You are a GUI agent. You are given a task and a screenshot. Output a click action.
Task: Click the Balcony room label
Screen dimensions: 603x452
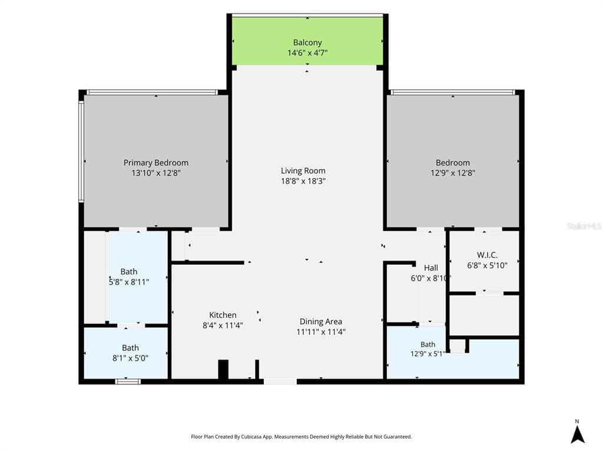coord(307,42)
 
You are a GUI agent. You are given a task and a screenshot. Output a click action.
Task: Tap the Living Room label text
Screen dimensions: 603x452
coord(303,171)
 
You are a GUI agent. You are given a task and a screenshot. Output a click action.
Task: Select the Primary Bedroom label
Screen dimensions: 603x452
coord(155,162)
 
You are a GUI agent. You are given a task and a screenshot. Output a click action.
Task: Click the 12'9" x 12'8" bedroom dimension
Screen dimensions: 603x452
coord(453,173)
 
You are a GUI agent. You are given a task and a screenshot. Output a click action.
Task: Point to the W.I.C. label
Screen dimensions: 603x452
coord(487,255)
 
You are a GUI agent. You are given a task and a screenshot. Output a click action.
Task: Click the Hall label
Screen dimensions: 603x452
coord(430,268)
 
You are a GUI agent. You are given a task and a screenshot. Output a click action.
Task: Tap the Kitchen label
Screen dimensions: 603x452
coord(223,315)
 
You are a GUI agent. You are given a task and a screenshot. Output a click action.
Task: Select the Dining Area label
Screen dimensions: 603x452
coord(321,322)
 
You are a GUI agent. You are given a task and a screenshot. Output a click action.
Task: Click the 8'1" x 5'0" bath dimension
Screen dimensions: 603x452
coord(130,358)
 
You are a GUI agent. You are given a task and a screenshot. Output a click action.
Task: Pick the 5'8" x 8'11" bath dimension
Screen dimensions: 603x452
coord(129,282)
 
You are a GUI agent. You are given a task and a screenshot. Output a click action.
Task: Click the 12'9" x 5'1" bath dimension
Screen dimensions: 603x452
coord(428,354)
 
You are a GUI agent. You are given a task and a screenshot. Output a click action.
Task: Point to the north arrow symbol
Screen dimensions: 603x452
coord(577,435)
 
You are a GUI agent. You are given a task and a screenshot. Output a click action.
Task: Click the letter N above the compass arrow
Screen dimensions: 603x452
coord(577,421)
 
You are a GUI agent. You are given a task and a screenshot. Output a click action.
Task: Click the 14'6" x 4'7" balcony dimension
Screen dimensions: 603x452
coord(307,52)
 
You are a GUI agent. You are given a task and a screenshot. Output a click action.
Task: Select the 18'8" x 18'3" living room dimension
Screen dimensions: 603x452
coord(303,181)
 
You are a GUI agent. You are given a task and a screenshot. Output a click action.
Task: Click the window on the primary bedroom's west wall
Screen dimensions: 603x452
coord(81,151)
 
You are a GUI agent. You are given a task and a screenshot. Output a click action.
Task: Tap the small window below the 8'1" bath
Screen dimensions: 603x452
coord(128,381)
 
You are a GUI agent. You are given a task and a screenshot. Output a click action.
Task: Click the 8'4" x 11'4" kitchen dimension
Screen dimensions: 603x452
coord(223,325)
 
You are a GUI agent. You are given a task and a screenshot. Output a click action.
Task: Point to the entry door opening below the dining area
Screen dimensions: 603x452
coord(280,381)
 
